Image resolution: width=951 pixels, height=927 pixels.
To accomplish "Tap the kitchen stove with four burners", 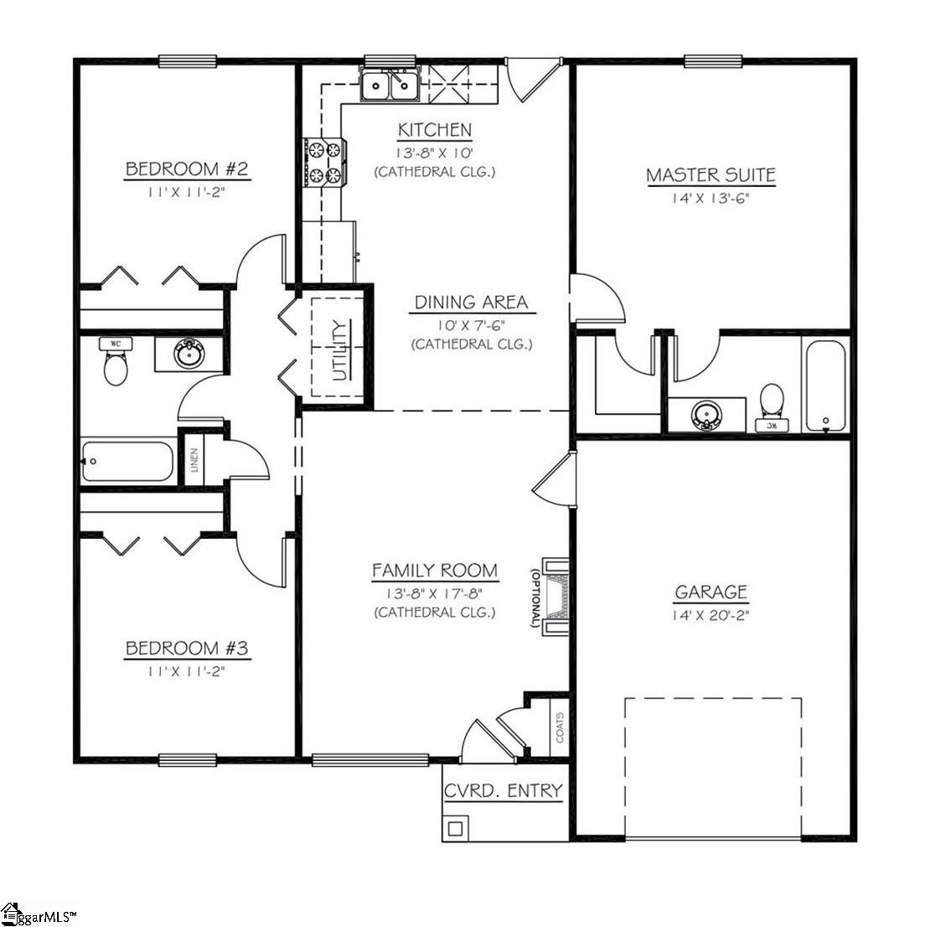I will coord(324,163).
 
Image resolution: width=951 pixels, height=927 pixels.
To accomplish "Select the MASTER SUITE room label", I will coord(711,175).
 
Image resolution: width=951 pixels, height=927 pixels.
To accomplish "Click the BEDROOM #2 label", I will coord(187,168).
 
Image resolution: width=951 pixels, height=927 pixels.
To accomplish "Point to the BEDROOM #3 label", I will coord(187,648).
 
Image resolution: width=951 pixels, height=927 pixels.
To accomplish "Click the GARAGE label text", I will coord(711,592).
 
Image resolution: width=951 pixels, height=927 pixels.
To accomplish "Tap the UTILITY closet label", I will coord(339,350).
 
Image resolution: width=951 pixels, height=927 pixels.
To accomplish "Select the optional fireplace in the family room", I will coord(556,596).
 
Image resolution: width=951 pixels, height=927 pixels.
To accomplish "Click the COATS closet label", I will coord(559,727).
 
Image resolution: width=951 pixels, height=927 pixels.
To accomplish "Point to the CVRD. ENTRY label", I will coord(503,790).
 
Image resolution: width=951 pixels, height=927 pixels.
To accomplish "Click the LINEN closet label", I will coord(194,460).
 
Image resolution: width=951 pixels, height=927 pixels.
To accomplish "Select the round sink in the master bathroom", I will coord(707,415).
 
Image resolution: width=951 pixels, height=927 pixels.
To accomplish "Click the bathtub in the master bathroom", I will coord(825,385).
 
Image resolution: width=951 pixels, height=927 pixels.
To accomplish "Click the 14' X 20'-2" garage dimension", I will coord(711,614).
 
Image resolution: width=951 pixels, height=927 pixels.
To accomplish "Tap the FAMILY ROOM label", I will coord(435,571).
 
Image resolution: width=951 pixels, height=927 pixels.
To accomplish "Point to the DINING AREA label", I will coord(471,302).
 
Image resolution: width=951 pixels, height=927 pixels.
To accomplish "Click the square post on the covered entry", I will coord(455,828).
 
